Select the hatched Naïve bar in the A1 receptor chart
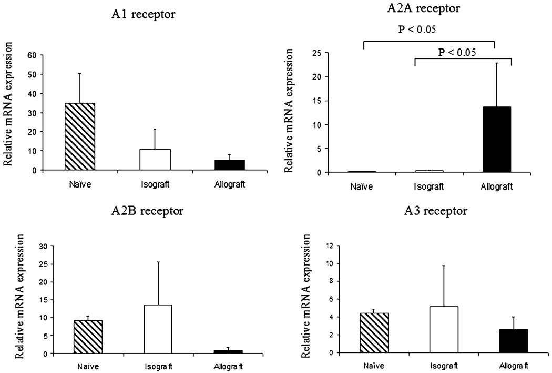80,136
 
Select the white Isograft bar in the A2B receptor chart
157,329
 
